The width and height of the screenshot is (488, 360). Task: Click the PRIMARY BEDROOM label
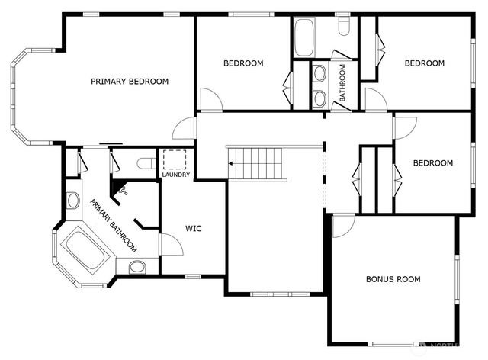(130, 82)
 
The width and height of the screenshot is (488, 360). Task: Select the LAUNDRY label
(175, 176)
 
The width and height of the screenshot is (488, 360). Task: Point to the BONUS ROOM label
(393, 279)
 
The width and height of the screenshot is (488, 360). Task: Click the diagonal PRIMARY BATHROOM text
(114, 226)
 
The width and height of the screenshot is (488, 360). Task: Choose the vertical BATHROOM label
(342, 83)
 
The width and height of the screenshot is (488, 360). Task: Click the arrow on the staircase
(231, 163)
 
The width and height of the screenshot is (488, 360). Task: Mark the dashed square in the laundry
(175, 160)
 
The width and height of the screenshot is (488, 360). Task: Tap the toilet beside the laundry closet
(146, 162)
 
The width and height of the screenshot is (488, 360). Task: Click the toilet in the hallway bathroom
(342, 27)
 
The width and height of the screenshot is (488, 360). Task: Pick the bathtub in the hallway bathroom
(303, 37)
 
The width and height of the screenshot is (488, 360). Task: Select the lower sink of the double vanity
(319, 98)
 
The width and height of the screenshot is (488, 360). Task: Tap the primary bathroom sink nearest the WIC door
(137, 266)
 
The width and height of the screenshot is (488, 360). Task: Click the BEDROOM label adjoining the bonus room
(432, 163)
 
